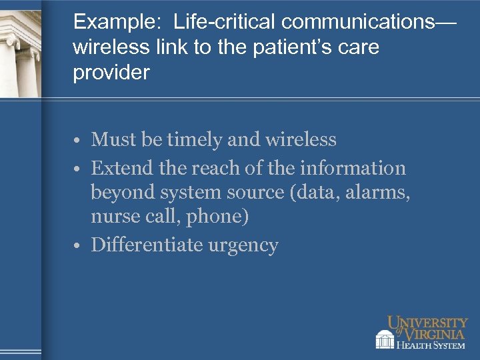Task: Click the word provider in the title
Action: (x=111, y=73)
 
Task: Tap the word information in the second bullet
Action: (x=354, y=168)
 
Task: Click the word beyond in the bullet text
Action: (x=123, y=193)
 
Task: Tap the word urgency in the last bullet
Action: (x=243, y=246)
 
